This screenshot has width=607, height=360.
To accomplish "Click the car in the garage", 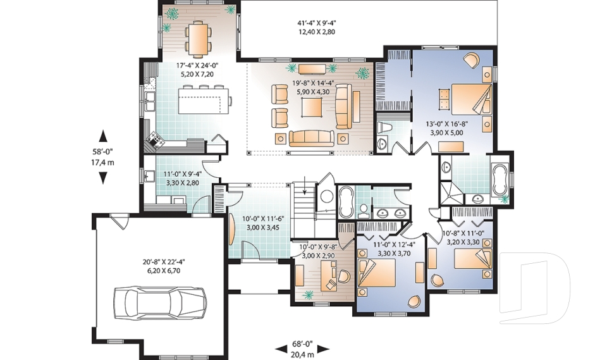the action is point(160,302).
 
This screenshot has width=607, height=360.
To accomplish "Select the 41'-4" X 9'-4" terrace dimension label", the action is point(316,23).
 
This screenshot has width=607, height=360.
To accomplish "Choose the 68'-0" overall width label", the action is point(302,344).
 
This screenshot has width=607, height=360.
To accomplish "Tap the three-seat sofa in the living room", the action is point(311,138).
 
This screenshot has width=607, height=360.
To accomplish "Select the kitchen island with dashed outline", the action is point(203,101).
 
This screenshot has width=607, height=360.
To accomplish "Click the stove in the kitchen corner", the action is point(156,139).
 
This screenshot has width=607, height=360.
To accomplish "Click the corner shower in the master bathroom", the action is point(451,192).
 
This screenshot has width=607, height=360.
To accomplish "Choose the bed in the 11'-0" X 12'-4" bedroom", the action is point(377,273).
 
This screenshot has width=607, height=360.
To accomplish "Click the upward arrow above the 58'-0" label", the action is point(102,137).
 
